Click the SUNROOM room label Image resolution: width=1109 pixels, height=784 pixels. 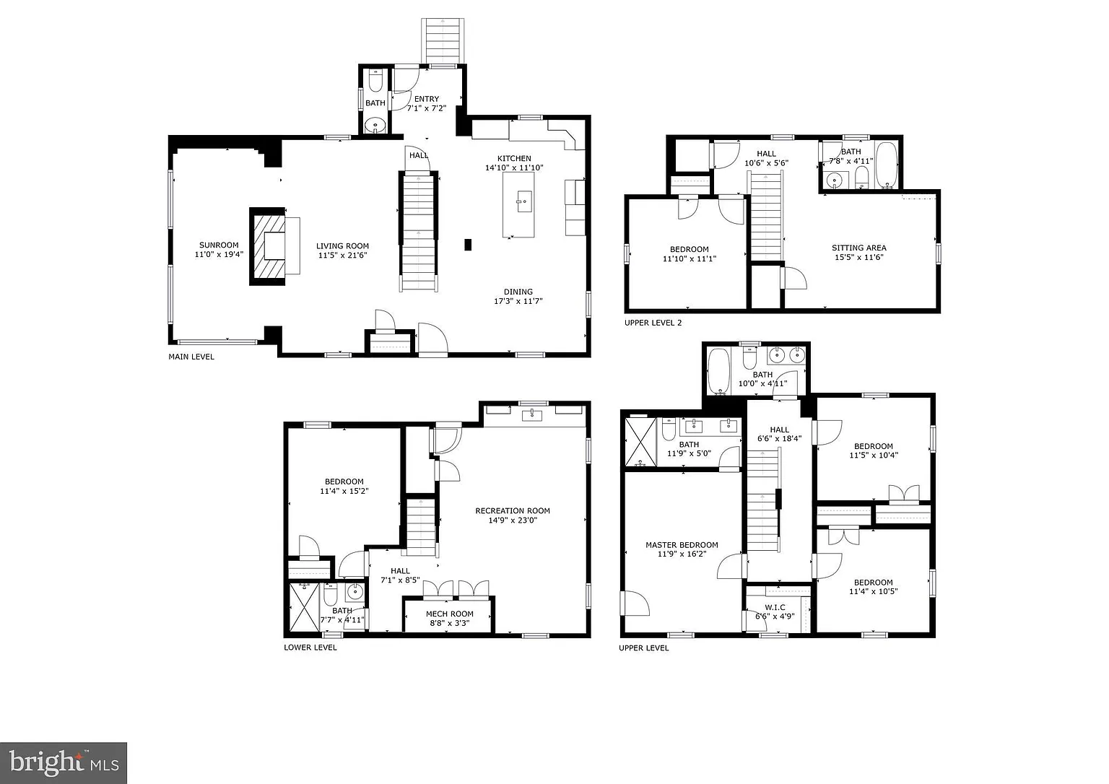point(219,245)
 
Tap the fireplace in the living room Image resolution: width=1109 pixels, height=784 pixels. point(267,246)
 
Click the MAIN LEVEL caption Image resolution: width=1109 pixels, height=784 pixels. point(191,357)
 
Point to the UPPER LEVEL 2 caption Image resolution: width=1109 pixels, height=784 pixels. point(653,323)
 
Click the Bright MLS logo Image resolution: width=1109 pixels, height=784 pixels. point(64,763)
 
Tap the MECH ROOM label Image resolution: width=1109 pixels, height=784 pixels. point(450,614)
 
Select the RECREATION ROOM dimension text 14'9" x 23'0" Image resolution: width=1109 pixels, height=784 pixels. point(513,521)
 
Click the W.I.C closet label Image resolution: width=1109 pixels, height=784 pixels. point(775,607)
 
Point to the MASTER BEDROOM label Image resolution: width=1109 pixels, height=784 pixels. point(682,545)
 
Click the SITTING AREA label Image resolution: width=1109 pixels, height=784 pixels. point(859,248)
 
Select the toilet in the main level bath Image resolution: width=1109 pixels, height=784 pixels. point(375,81)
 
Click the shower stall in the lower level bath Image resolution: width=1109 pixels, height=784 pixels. point(304,607)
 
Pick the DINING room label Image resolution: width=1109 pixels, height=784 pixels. point(518,292)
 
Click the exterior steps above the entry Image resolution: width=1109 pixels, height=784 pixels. point(443,41)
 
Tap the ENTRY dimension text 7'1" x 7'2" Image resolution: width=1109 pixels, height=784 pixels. point(426,108)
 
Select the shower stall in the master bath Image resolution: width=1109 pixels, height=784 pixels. point(640,442)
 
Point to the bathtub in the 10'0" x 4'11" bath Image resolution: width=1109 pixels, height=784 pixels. point(718,371)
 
